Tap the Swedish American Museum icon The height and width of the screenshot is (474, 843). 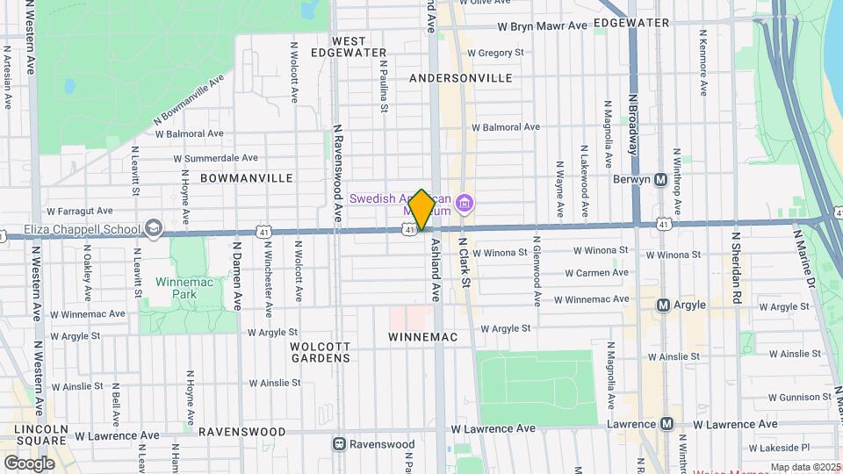465,205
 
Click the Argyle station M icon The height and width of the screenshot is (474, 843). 665,305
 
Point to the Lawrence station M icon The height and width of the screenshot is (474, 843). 666,424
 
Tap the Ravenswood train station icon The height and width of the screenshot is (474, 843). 340,444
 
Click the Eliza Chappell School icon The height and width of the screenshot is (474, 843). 155,230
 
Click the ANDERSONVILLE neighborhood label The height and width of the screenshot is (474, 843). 461,78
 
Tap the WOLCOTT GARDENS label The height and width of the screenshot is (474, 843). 321,351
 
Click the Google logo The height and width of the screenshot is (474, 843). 29,463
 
